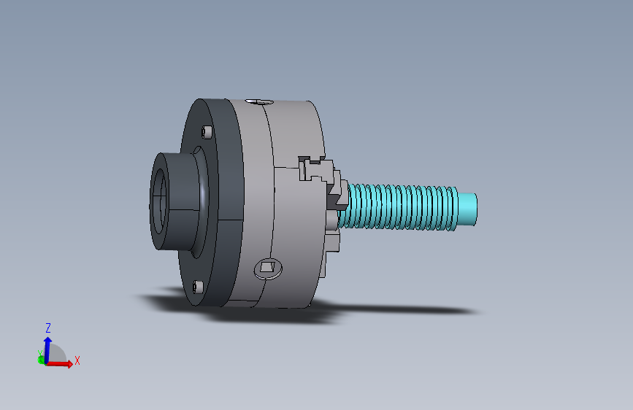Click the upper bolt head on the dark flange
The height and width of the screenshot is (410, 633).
point(207,132)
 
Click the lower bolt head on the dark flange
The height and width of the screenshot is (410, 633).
point(198,287)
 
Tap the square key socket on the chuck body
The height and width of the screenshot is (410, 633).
point(267,267)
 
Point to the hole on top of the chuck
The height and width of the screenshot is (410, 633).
point(258,101)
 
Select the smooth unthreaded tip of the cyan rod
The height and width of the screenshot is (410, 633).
point(467,209)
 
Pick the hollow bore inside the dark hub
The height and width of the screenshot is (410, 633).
point(158,200)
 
